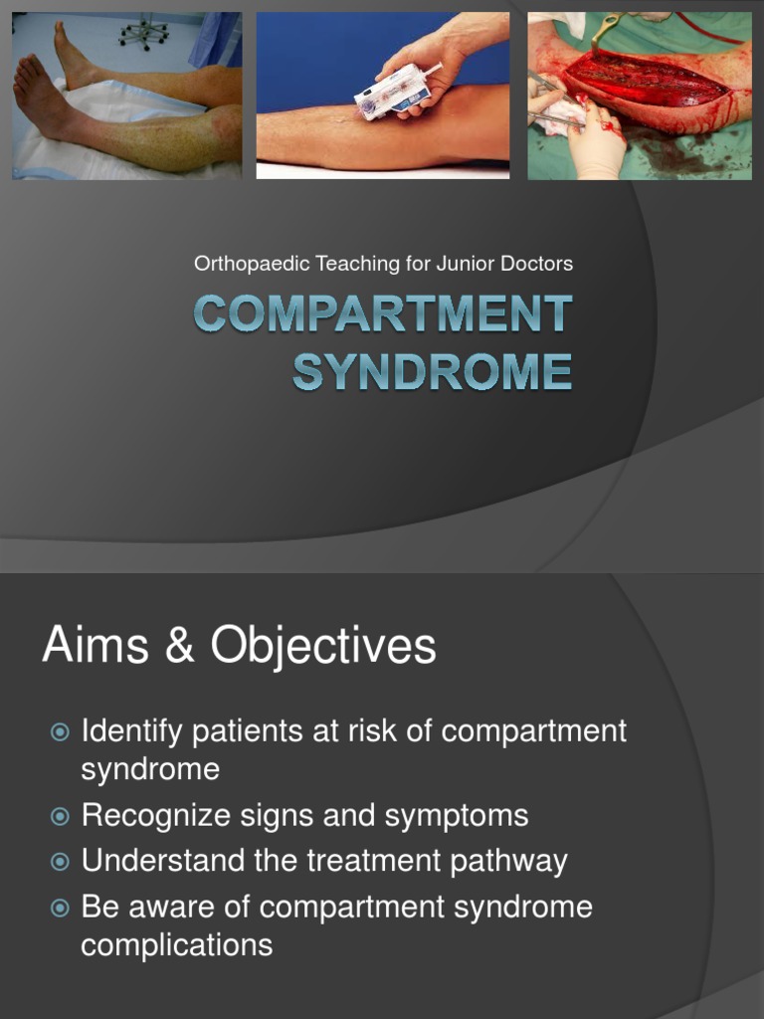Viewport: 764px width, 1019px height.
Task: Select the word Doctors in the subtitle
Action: pyautogui.click(x=537, y=264)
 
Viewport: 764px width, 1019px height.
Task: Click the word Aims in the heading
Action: pyautogui.click(x=95, y=646)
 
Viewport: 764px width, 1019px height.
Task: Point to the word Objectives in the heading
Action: pyautogui.click(x=323, y=647)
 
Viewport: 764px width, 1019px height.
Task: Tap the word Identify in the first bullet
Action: pyautogui.click(x=132, y=731)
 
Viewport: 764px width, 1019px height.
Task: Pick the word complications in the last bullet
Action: pyautogui.click(x=176, y=944)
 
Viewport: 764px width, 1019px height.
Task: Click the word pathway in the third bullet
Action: pyautogui.click(x=508, y=862)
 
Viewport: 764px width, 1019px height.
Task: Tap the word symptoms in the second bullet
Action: pyautogui.click(x=457, y=817)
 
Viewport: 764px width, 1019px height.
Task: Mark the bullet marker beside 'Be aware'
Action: pyautogui.click(x=60, y=907)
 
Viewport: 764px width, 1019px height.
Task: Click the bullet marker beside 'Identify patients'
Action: pyautogui.click(x=60, y=731)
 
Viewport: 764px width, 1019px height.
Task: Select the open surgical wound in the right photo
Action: pyautogui.click(x=647, y=80)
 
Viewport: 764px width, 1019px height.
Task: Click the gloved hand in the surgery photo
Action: pyautogui.click(x=596, y=144)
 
